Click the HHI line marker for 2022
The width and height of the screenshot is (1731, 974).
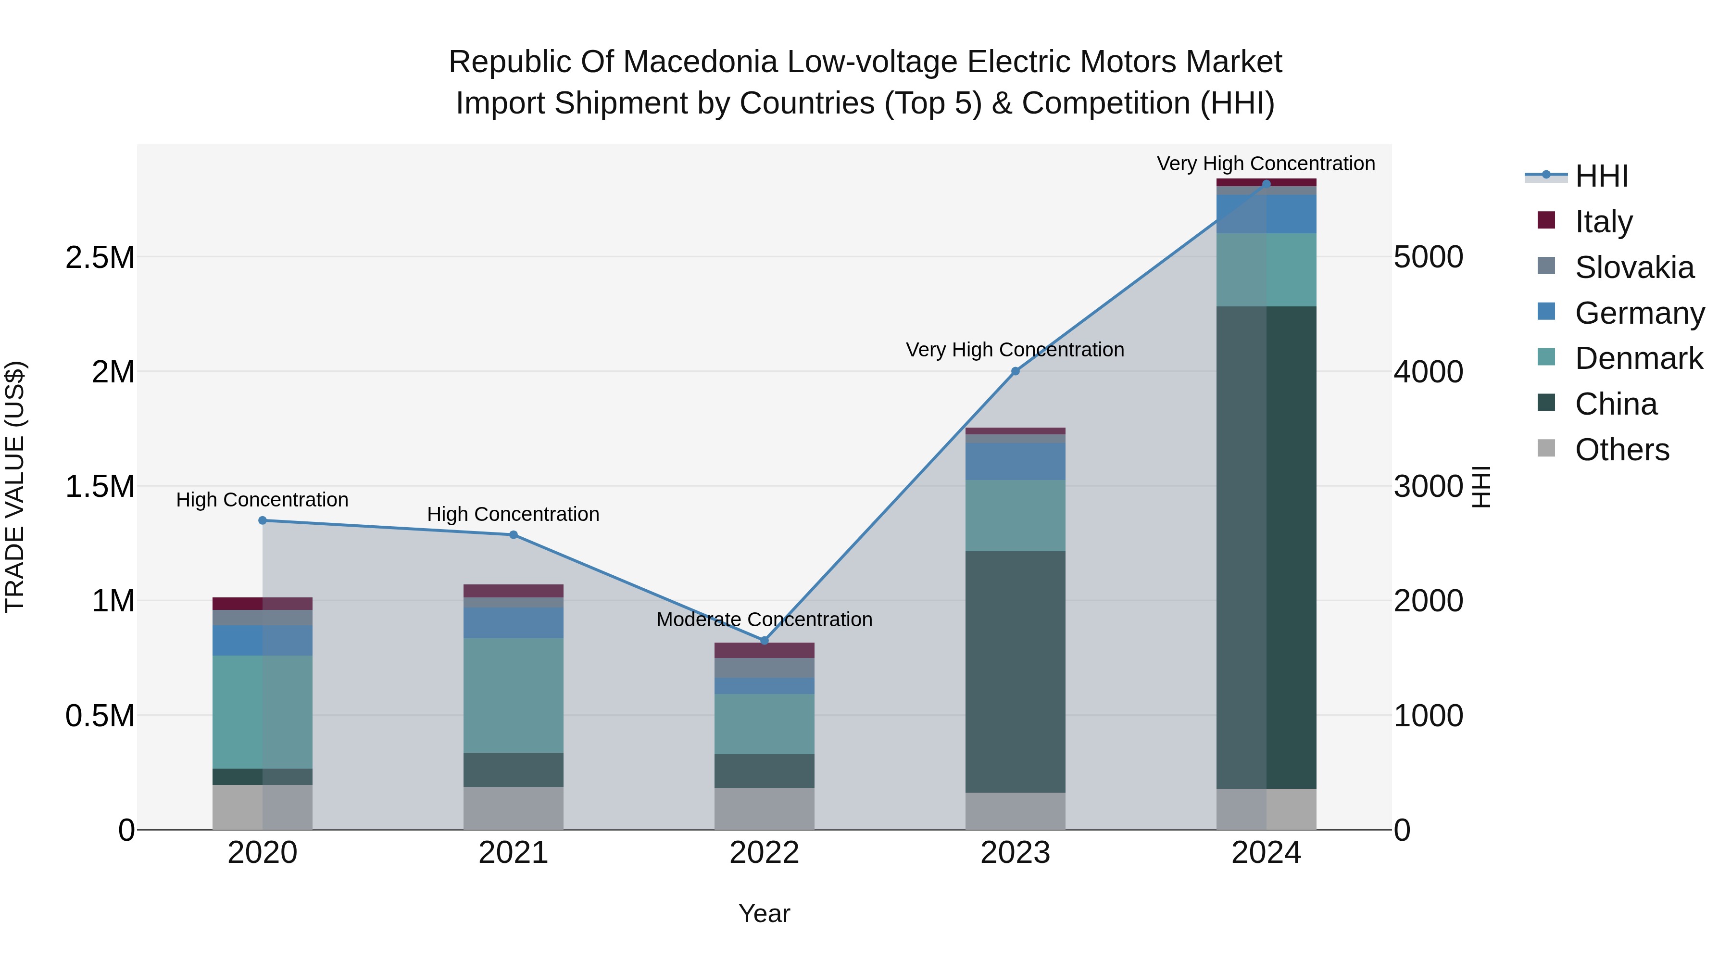764,641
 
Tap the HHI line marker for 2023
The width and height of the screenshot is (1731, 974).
1016,371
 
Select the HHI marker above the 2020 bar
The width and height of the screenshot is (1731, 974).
263,520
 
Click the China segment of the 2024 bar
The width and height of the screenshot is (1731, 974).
1266,548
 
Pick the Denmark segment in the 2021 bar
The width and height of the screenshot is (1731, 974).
514,695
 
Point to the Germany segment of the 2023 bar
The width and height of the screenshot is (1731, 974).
1016,461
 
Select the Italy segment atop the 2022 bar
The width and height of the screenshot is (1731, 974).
764,650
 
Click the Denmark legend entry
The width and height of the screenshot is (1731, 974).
1638,358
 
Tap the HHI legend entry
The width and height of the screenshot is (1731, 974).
1601,176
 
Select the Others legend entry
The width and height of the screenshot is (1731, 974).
1621,450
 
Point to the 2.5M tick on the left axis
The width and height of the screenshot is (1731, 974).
100,257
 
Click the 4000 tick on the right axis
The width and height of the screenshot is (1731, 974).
1428,372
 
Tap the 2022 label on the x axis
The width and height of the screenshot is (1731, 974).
764,852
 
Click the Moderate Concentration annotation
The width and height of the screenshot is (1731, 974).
764,619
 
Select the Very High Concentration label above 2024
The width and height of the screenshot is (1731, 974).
1266,164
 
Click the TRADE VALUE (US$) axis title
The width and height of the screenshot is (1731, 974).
15,487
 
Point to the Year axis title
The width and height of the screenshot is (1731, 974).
764,913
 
